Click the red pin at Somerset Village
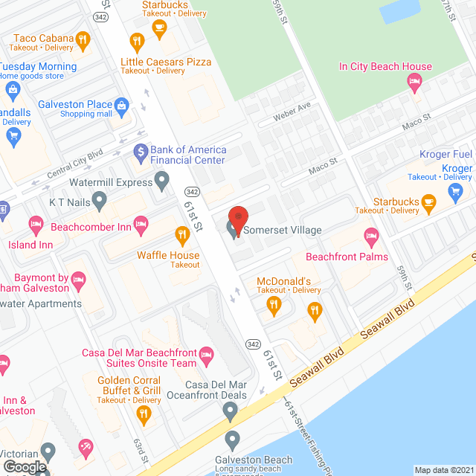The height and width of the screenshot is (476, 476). pos(238,217)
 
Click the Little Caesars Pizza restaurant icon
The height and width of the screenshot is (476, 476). pos(136,42)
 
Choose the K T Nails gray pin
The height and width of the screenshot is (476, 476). pos(98,200)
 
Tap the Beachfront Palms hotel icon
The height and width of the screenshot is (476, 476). pos(370,238)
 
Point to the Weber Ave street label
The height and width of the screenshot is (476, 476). pos(292,108)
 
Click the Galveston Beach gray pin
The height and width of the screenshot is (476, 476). pos(232,438)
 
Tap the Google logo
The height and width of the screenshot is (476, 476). pos(25,466)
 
